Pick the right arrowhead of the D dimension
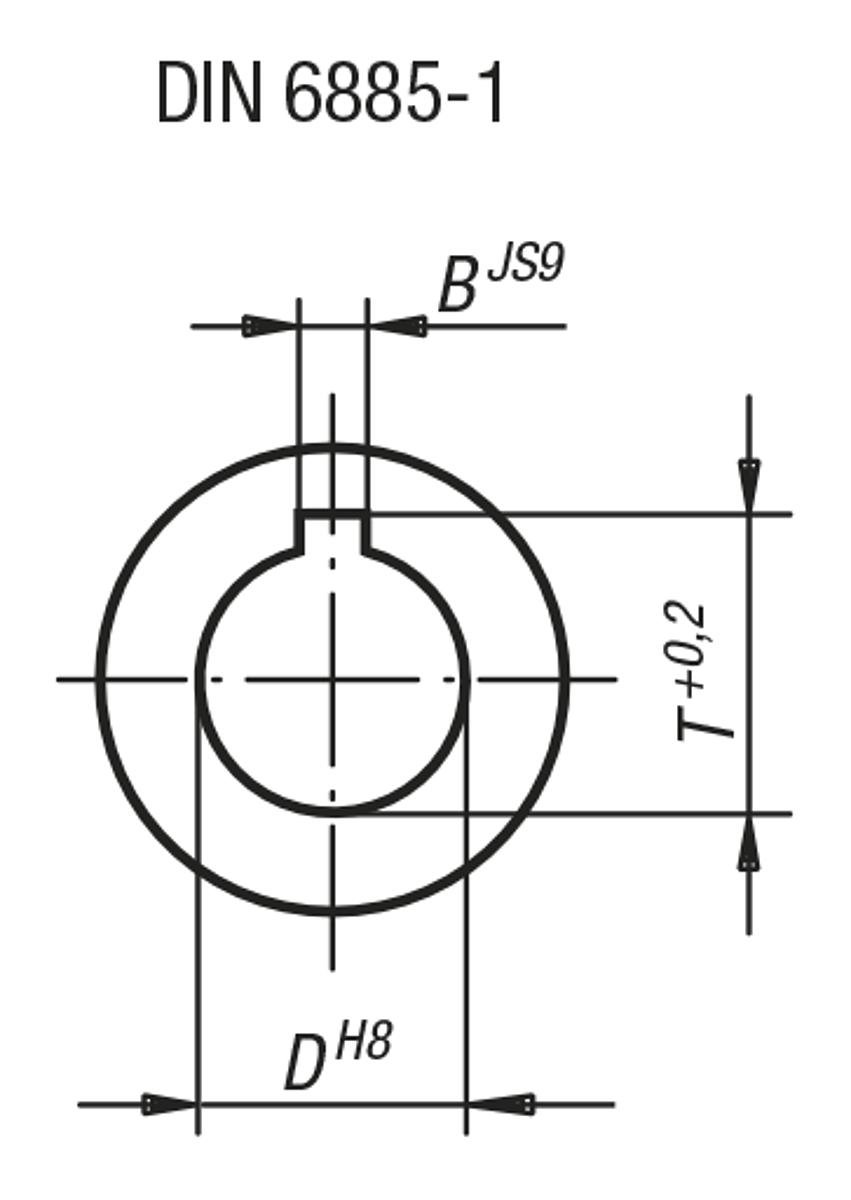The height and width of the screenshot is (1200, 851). point(496,1104)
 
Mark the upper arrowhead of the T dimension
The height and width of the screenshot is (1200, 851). point(749,486)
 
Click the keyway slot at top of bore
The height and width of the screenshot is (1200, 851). point(333,530)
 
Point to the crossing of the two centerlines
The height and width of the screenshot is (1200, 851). point(333,680)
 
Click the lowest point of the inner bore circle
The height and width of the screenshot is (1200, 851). point(333,811)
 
